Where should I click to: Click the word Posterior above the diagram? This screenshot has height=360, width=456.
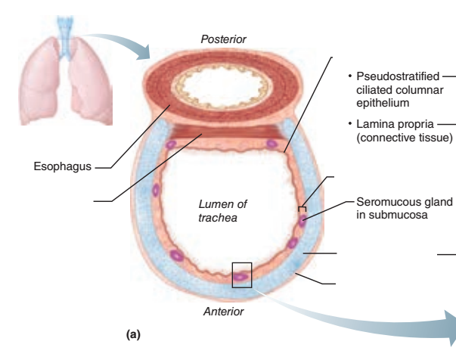(223, 39)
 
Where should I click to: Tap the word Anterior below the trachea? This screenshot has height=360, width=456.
(223, 310)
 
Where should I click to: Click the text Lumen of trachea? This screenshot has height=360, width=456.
(222, 212)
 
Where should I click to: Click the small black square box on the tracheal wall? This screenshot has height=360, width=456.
(242, 274)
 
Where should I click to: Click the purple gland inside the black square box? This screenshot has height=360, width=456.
(240, 277)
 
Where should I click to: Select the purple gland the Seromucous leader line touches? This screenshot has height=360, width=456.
(303, 220)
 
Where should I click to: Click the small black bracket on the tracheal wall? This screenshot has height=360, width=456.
(302, 207)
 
